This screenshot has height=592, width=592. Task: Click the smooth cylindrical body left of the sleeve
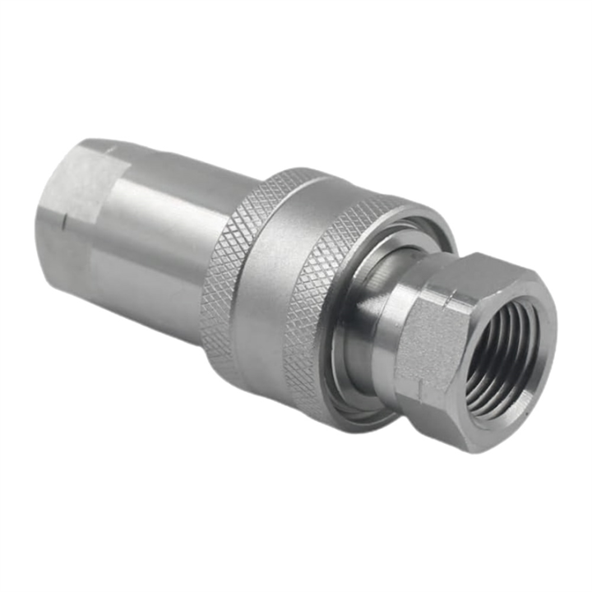point(156,247)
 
